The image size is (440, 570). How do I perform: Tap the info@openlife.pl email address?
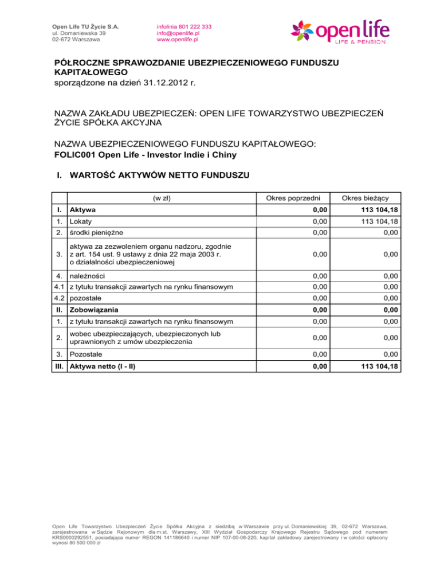(x=178, y=33)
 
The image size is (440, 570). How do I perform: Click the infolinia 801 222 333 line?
(x=184, y=27)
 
